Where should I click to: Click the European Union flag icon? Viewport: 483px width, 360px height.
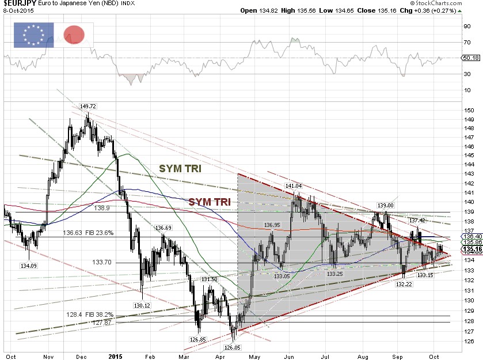point(33,35)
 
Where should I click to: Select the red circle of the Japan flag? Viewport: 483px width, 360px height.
point(74,35)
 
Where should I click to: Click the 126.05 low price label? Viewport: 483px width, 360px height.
point(233,348)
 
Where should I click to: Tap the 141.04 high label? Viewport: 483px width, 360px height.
point(294,186)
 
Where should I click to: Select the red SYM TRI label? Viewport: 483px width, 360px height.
point(210,203)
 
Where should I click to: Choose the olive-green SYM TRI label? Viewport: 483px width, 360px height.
point(180,168)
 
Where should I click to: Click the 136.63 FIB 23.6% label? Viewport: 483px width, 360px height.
point(88,233)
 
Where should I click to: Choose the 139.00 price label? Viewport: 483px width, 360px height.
point(386,205)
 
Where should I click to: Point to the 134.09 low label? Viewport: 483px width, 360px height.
point(28,266)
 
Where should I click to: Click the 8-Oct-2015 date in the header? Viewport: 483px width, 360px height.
point(17,11)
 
